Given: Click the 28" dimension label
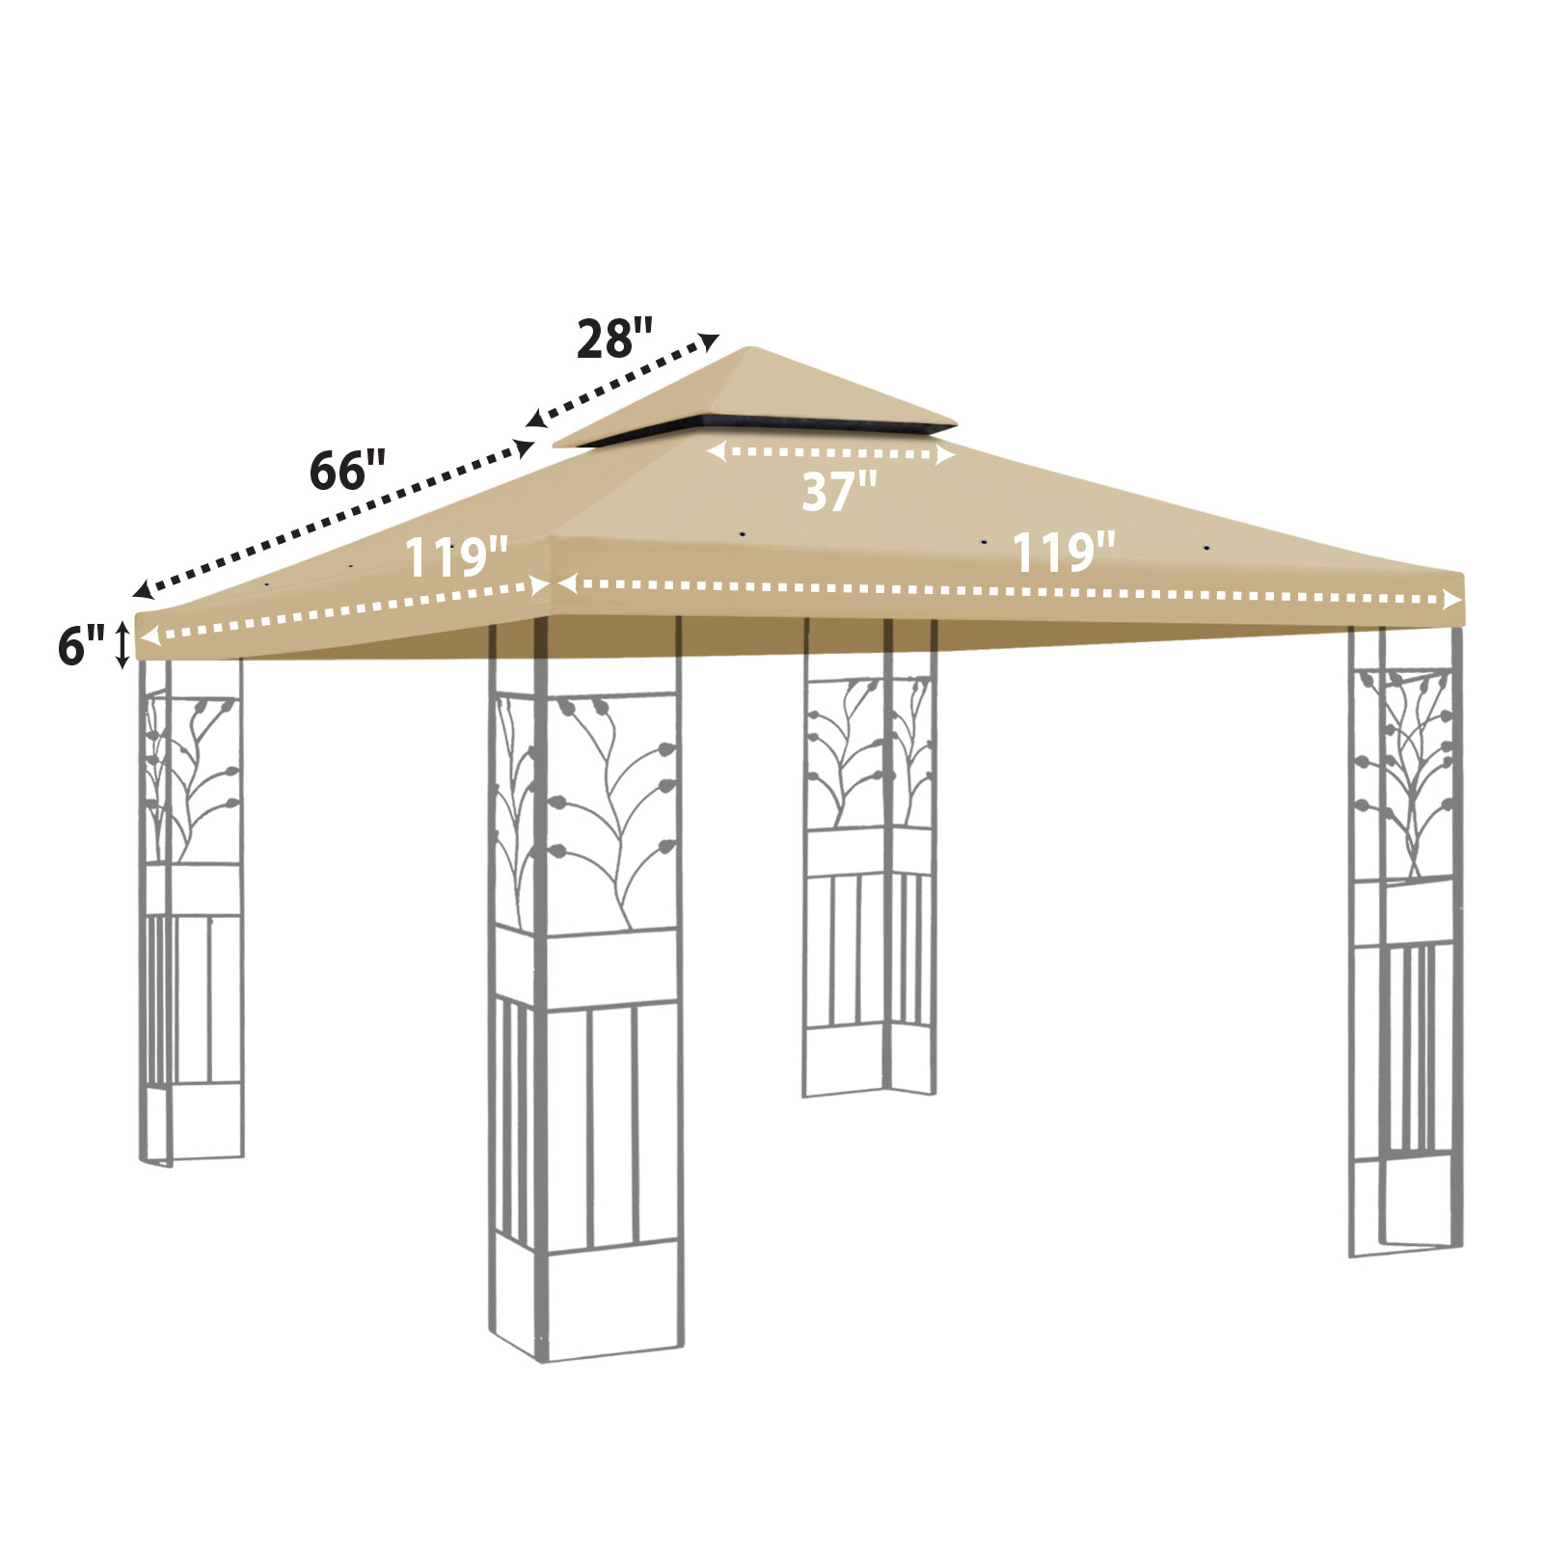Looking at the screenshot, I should pos(615,339).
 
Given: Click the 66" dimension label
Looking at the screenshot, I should pos(347,471).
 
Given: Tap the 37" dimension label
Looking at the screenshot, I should pos(839,491).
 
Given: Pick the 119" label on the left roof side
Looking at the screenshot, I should pos(455,556).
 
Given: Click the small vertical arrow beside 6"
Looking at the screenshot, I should pos(122,645).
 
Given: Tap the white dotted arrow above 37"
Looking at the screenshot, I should pos(830,452).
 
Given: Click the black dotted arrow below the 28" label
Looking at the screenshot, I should pos(623,381).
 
